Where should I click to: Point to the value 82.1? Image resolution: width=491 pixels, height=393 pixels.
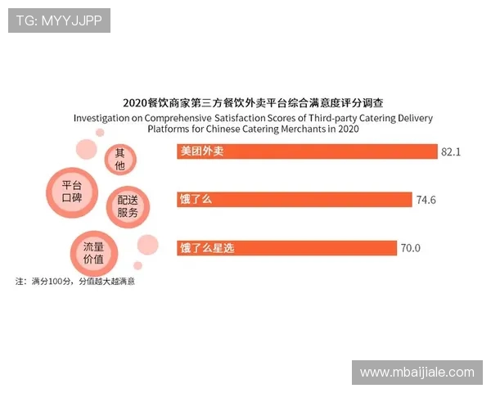[x=452, y=152]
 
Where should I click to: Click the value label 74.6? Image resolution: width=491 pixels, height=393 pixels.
[x=426, y=200]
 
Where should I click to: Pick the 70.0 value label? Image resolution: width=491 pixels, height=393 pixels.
[x=410, y=247]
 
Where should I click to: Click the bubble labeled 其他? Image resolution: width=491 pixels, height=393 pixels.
[x=120, y=159]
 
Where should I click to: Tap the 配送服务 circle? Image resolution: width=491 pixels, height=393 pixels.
[x=128, y=206]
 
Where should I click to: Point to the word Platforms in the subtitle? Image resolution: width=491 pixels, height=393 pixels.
[x=170, y=129]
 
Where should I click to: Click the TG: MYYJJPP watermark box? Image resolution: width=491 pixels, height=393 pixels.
[x=59, y=20]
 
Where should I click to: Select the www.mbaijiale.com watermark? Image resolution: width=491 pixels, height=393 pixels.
[x=417, y=373]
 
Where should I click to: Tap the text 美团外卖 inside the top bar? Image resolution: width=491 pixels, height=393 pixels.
[x=201, y=152]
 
